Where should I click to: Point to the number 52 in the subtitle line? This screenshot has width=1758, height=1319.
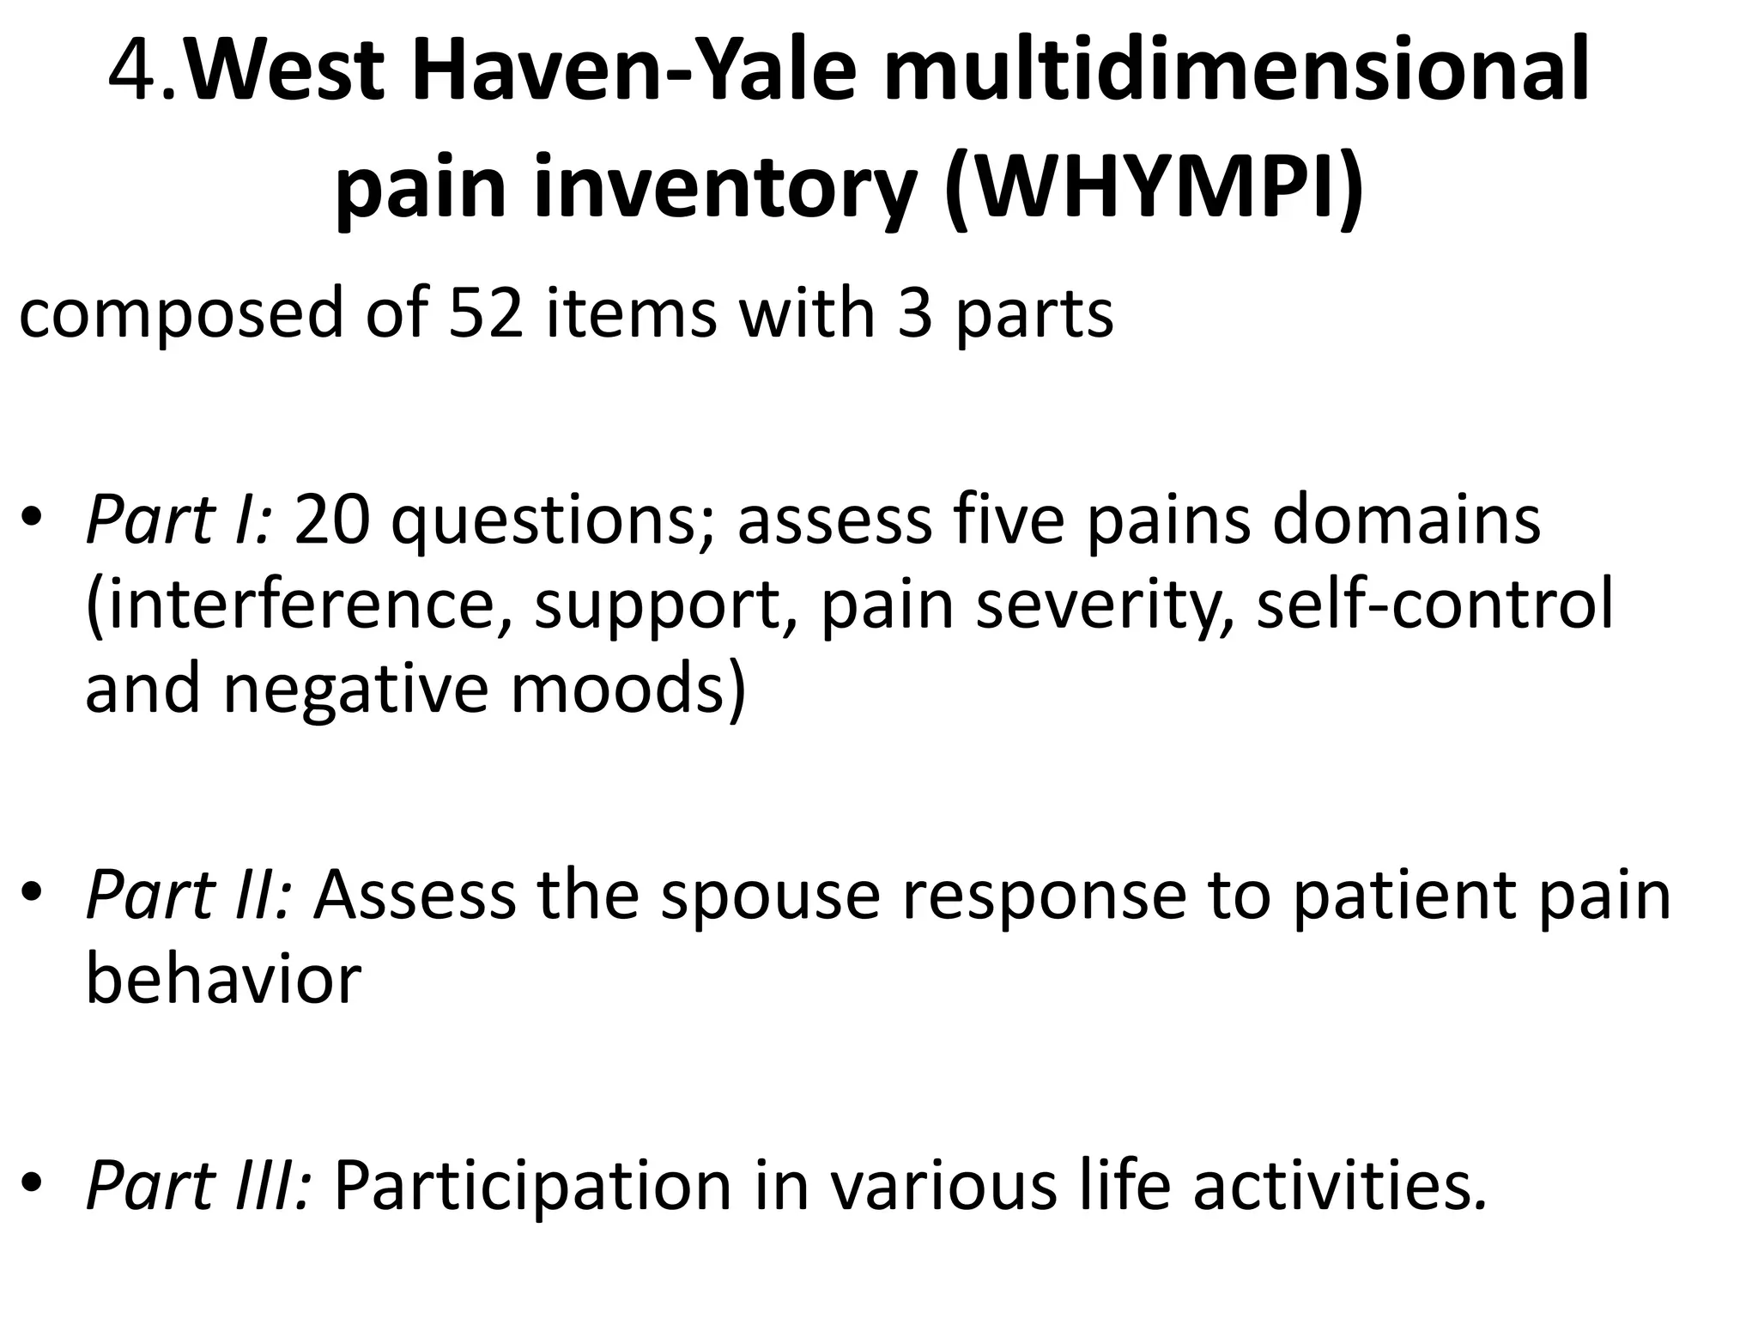coord(486,313)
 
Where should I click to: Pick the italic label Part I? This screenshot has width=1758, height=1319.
coord(179,520)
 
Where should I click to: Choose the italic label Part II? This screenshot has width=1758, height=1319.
coord(189,895)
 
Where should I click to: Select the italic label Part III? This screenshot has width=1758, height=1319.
coord(199,1186)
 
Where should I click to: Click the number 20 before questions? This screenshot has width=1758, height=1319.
coord(333,520)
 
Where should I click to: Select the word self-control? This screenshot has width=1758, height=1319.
coord(1434,605)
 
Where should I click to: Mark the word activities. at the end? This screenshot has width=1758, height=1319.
coord(1339,1186)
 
